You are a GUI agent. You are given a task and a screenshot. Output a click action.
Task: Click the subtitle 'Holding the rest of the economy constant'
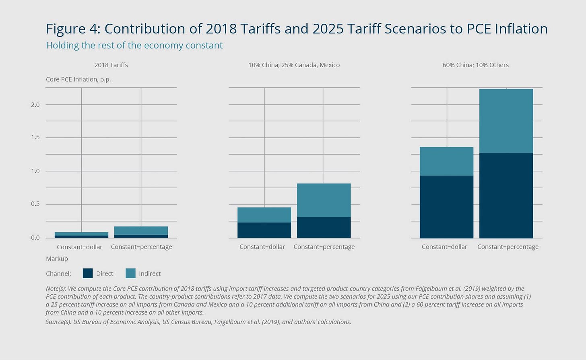(x=134, y=46)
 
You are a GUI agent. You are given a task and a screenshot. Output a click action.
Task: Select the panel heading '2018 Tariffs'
(x=111, y=65)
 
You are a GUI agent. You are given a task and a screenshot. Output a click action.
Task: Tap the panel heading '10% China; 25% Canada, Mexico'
(x=294, y=65)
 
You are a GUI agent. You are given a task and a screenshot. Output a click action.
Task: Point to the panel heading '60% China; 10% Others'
(x=475, y=65)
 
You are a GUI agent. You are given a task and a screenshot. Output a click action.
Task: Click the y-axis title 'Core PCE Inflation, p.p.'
(x=78, y=79)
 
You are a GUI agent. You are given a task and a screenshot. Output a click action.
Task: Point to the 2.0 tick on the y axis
(x=35, y=105)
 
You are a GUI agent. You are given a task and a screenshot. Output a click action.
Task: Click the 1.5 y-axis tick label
(x=35, y=137)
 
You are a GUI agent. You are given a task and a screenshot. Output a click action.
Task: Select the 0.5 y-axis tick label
(x=35, y=204)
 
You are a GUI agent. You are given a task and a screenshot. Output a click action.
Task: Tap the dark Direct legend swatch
(x=88, y=273)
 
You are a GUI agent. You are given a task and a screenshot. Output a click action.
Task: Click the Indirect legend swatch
(x=130, y=273)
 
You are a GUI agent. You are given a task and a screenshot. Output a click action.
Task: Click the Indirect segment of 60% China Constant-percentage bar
(x=506, y=121)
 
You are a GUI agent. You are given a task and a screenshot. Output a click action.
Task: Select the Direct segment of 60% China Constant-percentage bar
(x=506, y=195)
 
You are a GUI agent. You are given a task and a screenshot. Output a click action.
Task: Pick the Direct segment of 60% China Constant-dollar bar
(x=446, y=207)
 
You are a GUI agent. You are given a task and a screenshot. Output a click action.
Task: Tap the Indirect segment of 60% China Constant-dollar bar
(x=446, y=161)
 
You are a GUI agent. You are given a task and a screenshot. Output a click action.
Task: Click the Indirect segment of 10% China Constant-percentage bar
(x=324, y=200)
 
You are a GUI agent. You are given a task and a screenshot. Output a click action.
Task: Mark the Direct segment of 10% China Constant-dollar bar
(x=264, y=230)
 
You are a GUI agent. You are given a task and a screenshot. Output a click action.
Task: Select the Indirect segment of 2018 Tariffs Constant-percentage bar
(x=141, y=231)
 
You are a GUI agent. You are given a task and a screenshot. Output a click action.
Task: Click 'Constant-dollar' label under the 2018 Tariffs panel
(x=80, y=247)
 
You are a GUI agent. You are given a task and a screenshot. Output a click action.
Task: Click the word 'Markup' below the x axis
(x=57, y=259)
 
